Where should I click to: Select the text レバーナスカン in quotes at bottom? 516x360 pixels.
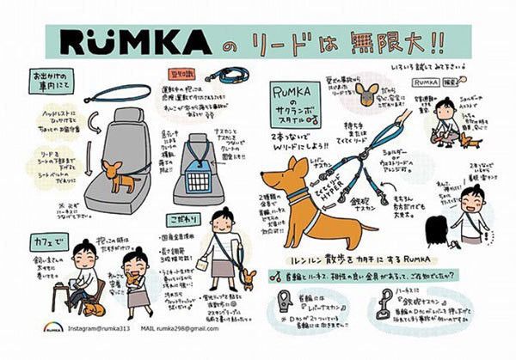click(298, 306)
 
